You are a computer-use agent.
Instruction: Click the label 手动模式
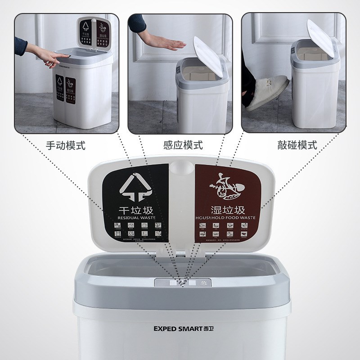(x=66, y=145)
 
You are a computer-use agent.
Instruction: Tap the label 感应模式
(x=183, y=145)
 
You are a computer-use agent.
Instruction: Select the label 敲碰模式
(x=297, y=145)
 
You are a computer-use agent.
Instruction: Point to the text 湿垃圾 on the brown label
(x=227, y=210)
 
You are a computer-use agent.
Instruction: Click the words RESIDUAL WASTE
(x=136, y=218)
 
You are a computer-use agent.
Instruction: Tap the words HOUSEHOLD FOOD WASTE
(x=226, y=218)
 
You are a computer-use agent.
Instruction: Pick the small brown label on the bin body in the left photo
(x=71, y=89)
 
